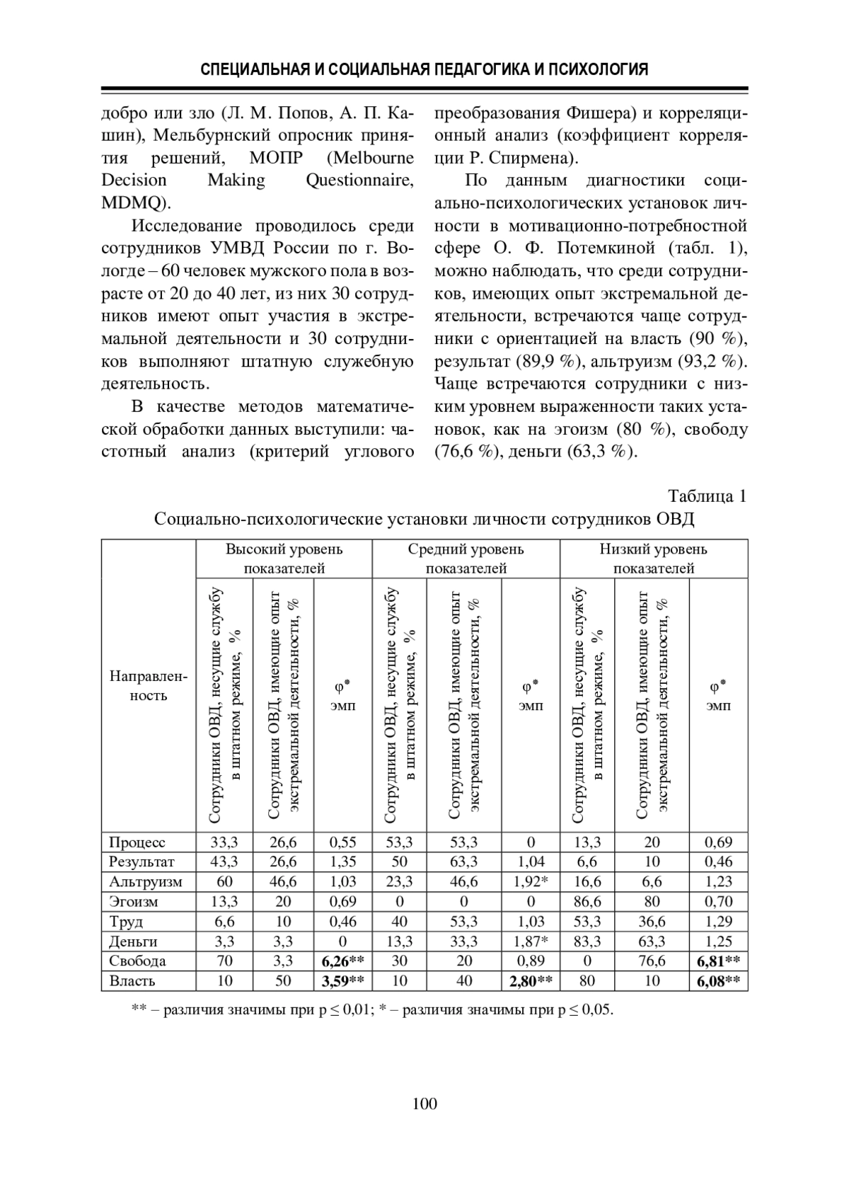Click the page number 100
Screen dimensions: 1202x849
(x=424, y=1104)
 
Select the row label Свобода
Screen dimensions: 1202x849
(x=137, y=961)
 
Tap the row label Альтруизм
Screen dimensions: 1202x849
(x=145, y=881)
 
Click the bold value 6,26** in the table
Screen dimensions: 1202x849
(x=342, y=961)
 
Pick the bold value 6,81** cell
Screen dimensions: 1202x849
(x=718, y=961)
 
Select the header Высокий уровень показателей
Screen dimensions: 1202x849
(x=284, y=559)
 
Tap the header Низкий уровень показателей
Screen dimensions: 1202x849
(x=653, y=559)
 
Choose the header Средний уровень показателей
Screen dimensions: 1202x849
(x=466, y=559)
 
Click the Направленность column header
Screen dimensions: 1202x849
(x=149, y=686)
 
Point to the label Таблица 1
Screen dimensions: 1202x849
(x=707, y=496)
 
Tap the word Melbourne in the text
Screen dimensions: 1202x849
(x=372, y=157)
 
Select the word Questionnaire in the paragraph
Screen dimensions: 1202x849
(x=359, y=180)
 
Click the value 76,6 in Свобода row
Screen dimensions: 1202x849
(x=652, y=961)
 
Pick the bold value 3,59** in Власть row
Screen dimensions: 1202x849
(x=342, y=980)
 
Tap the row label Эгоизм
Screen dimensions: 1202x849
(x=134, y=901)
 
